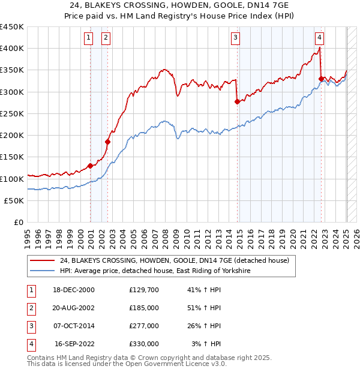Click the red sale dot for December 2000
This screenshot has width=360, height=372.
[90, 166]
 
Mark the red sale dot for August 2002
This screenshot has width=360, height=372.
[108, 142]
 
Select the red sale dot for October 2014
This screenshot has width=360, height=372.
[237, 101]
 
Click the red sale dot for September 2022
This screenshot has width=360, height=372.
[322, 79]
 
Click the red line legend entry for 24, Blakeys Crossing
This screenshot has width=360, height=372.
[174, 260]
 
